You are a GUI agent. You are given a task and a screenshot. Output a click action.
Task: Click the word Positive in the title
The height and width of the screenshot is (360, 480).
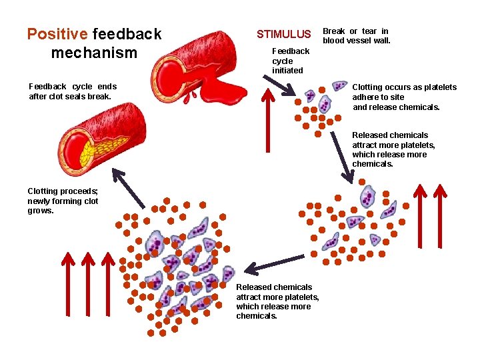point(57,34)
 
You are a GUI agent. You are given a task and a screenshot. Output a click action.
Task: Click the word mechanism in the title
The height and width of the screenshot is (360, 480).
point(94,53)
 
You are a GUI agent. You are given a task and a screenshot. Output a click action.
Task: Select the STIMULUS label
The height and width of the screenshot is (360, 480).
point(284,34)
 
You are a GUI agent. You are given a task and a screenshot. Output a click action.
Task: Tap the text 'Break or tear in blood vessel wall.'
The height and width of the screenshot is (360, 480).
point(356,35)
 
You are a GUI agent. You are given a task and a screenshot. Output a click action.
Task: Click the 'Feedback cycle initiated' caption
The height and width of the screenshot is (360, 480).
point(291,61)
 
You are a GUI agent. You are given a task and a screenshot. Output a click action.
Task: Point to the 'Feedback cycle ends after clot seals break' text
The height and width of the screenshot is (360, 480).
point(73,91)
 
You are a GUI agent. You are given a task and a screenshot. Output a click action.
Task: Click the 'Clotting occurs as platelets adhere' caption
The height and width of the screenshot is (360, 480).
point(404,97)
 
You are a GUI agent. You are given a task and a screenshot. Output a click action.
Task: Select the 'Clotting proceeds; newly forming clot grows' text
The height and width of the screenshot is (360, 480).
point(63,201)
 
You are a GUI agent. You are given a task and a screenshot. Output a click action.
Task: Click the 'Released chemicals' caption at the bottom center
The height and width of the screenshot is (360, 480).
point(277,301)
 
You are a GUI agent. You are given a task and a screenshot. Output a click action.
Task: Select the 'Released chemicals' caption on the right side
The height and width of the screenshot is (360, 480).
point(393,149)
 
